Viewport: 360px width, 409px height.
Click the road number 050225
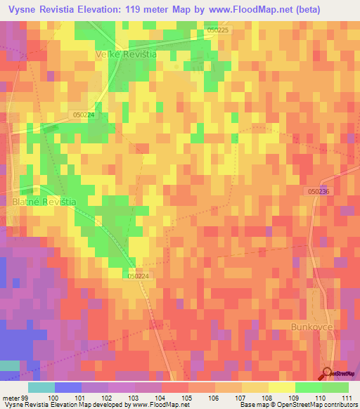[x=217, y=31]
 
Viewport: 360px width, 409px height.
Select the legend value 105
[x=188, y=398]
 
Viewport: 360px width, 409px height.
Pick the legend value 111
[x=347, y=398]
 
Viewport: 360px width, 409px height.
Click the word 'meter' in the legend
[x=12, y=398]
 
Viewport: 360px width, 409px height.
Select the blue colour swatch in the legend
[x=67, y=387]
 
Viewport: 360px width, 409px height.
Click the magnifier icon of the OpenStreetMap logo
[x=327, y=372]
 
